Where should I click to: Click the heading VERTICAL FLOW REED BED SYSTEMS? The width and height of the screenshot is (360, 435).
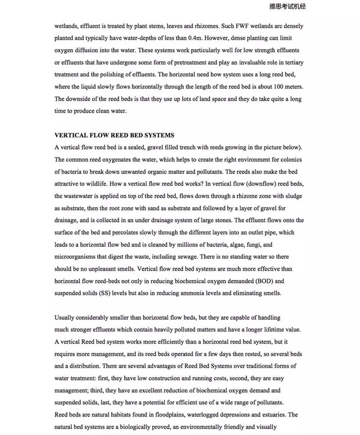tap(114, 135)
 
